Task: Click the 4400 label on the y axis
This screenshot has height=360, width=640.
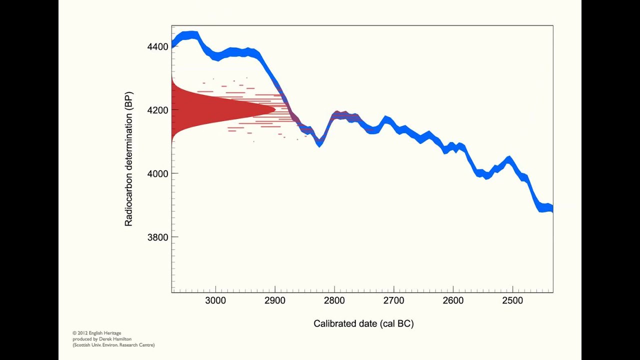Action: click(x=158, y=46)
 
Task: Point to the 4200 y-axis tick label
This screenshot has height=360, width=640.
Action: click(x=158, y=110)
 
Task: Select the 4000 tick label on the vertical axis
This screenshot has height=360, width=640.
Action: click(x=158, y=173)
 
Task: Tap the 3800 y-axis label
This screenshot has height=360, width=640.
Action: click(x=158, y=237)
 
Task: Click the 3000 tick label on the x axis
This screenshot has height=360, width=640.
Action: click(x=215, y=301)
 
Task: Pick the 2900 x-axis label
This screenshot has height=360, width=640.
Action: click(x=275, y=301)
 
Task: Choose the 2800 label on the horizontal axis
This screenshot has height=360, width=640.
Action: click(x=334, y=301)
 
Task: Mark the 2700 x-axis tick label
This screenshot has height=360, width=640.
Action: click(x=393, y=301)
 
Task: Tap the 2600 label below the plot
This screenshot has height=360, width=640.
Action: click(x=453, y=301)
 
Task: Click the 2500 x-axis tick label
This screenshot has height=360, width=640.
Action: click(x=512, y=301)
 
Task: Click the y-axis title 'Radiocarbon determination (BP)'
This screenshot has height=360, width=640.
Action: click(x=129, y=159)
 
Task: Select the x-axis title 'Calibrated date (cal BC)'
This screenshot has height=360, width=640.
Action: click(x=363, y=324)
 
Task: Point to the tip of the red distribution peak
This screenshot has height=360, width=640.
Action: click(x=275, y=109)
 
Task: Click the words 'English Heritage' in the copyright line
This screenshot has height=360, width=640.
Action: click(x=106, y=333)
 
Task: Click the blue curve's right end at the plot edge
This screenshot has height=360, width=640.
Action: click(x=552, y=209)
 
